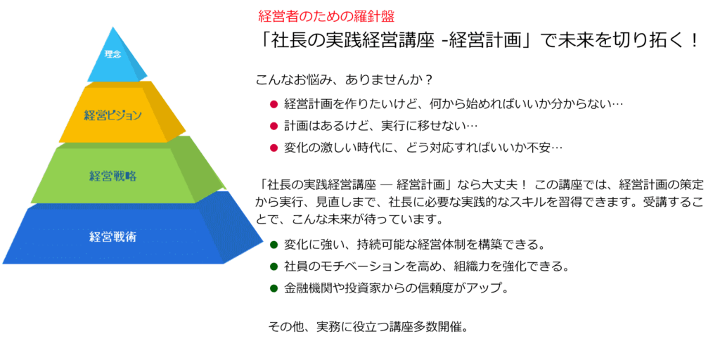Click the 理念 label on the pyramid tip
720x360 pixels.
112,55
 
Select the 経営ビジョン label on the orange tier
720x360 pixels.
113,115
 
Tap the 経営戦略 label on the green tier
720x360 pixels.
113,176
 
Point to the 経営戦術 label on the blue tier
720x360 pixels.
113,238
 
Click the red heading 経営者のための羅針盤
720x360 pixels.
326,17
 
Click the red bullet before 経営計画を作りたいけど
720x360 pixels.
274,104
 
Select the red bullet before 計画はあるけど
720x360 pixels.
274,126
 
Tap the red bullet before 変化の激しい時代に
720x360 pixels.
274,148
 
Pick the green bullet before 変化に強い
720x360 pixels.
274,244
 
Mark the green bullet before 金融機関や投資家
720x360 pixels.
274,288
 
